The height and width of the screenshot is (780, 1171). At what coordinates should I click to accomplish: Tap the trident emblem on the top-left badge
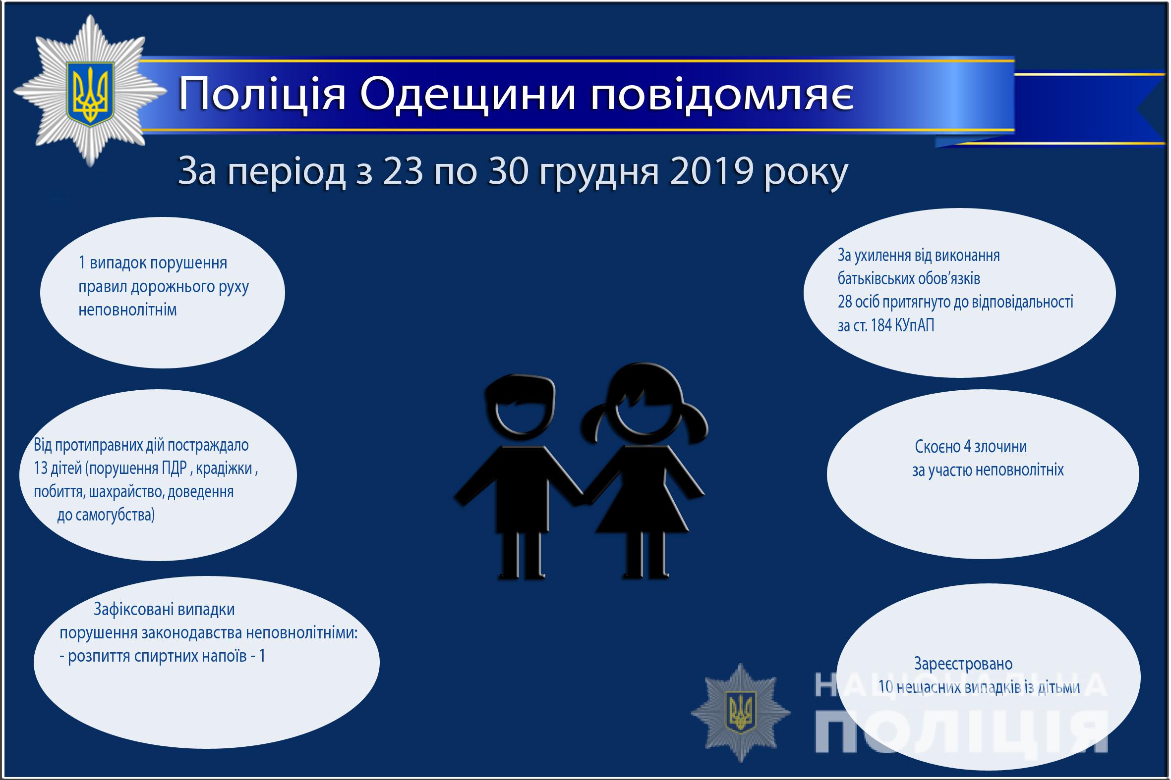[90, 93]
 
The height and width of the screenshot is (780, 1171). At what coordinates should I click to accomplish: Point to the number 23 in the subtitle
[403, 172]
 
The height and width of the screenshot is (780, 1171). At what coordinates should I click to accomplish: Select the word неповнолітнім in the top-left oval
[128, 310]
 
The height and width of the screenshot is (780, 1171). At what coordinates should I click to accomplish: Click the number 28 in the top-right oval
[845, 302]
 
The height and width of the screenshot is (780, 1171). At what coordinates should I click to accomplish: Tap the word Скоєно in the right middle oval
[937, 447]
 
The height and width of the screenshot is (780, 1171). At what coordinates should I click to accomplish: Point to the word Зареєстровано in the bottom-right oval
[963, 664]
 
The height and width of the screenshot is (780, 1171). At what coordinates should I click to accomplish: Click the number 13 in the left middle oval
[41, 468]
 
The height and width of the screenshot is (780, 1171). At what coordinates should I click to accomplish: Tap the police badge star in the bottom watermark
[741, 712]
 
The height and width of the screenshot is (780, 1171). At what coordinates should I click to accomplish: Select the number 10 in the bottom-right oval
[886, 687]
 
